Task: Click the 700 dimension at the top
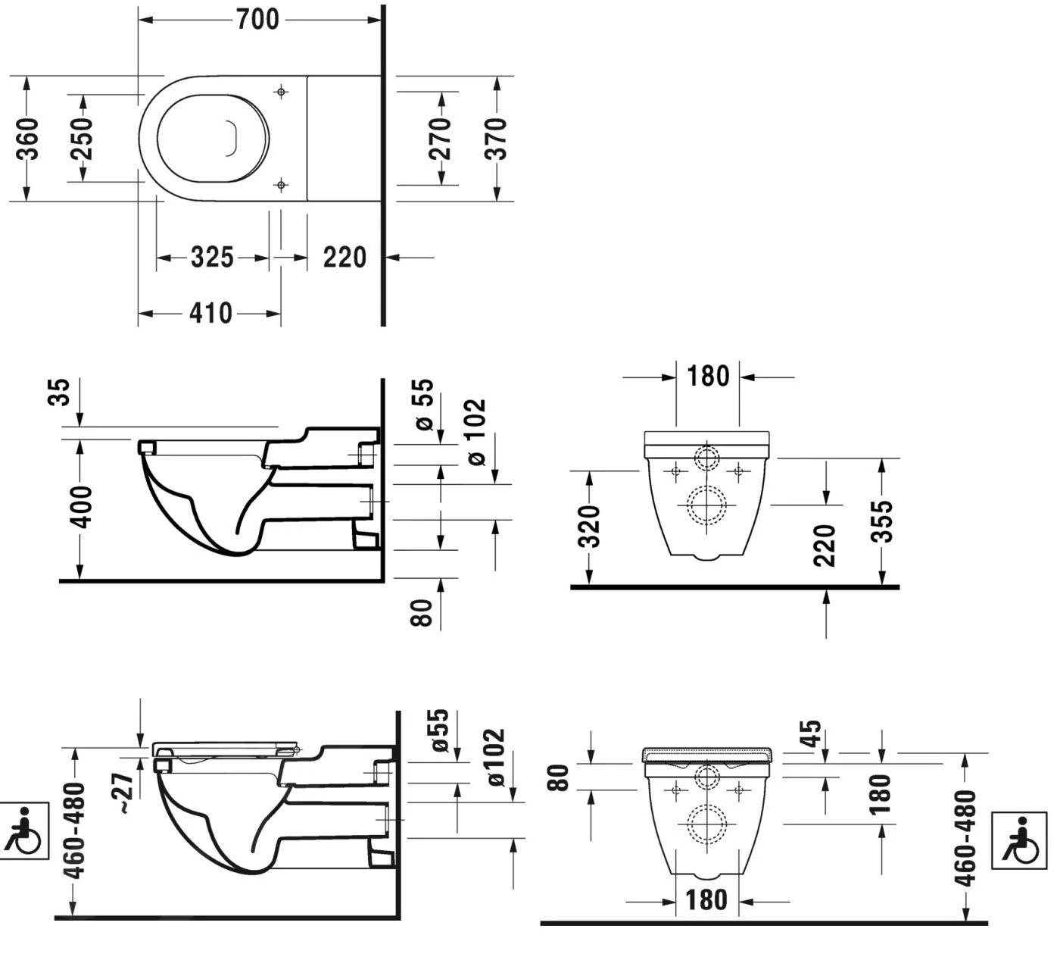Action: coord(258,20)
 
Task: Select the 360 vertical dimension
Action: coord(28,139)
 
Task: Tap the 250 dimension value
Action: coord(83,138)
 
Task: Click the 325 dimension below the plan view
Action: coord(212,258)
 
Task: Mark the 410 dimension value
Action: coord(210,312)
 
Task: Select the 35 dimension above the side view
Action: coord(61,392)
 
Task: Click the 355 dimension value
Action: coord(881,521)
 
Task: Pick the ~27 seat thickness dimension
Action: coord(126,793)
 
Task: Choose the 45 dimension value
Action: coord(811,734)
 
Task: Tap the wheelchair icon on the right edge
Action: coord(1019,839)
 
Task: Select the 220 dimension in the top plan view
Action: coord(344,258)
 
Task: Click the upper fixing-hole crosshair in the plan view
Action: coord(281,92)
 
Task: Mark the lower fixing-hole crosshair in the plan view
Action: coord(281,184)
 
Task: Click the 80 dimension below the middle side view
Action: coord(423,611)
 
